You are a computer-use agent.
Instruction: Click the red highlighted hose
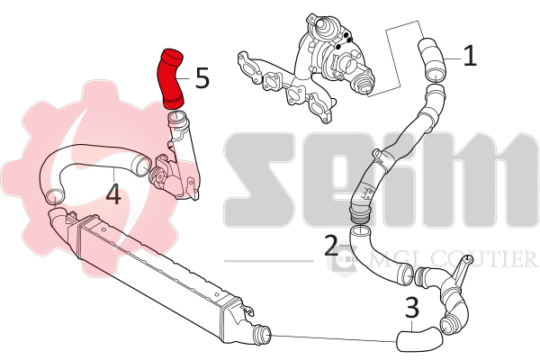tap(170, 79)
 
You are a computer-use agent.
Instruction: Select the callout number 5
tap(202, 78)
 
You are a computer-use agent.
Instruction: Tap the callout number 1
tap(470, 56)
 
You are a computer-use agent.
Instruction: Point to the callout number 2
tap(331, 246)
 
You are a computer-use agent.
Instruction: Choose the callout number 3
tap(412, 308)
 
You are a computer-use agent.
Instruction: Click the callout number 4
tap(113, 194)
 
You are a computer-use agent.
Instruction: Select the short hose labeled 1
tap(433, 60)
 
